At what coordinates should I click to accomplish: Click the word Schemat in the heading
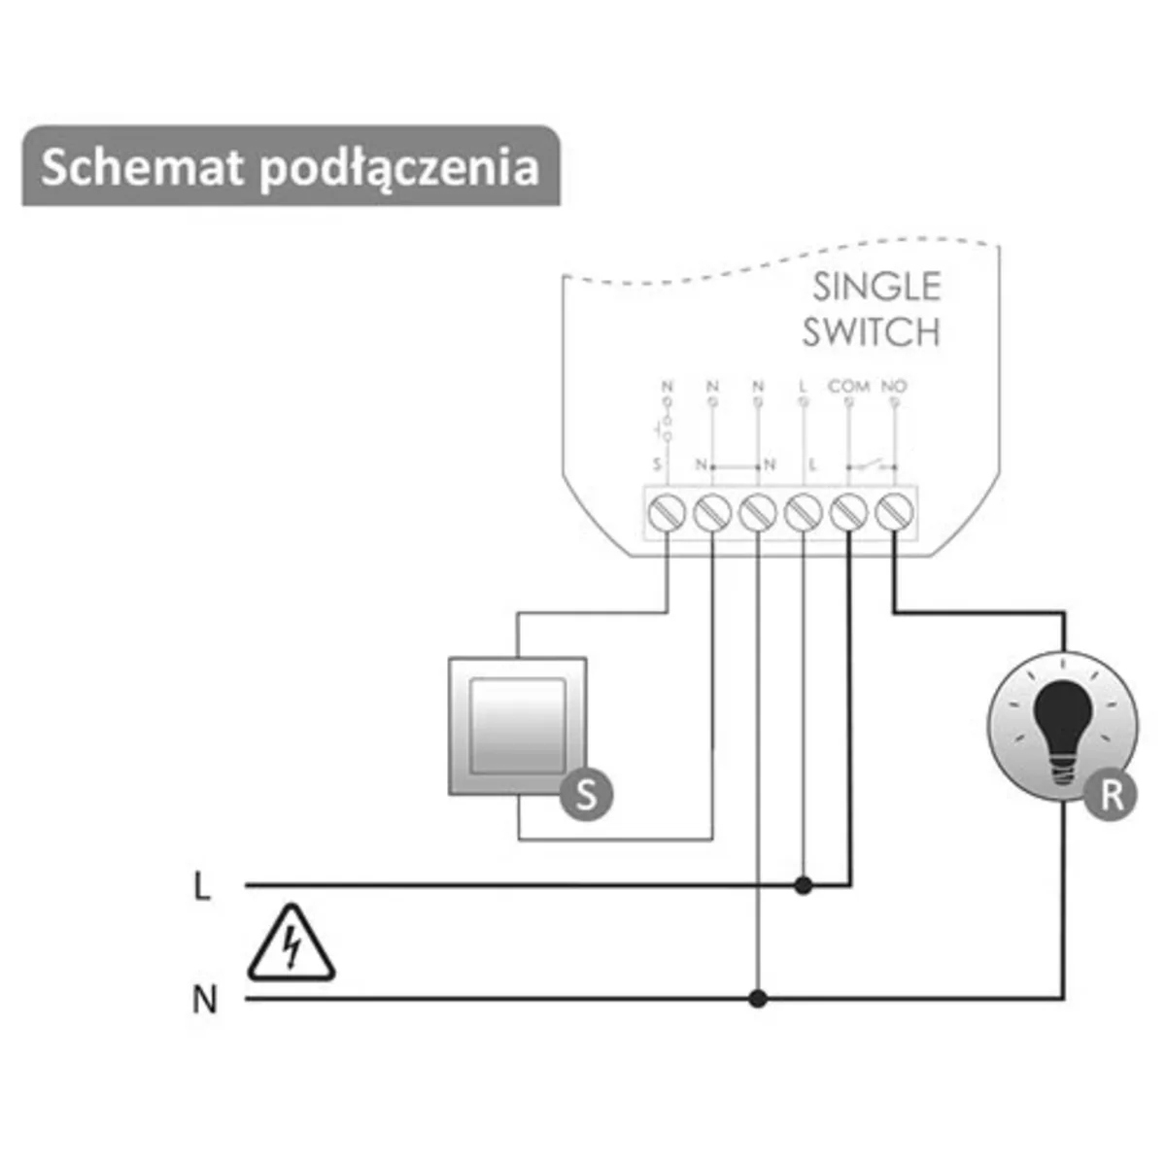tap(142, 167)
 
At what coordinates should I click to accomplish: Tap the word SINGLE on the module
tap(876, 287)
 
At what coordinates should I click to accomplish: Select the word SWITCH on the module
tap(872, 332)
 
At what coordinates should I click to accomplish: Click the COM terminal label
tap(848, 386)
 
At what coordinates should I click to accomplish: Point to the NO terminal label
tap(893, 386)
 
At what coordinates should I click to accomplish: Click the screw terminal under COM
tap(848, 511)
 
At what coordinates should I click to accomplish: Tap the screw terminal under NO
tap(894, 511)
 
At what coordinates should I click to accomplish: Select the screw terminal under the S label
tap(667, 511)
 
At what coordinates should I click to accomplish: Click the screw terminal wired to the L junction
tap(803, 511)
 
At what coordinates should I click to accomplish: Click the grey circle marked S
tap(586, 795)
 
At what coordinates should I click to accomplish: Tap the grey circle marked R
tap(1112, 795)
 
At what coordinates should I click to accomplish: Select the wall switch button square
tap(517, 725)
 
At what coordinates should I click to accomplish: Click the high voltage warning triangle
tap(291, 945)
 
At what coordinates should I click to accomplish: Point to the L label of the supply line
tap(202, 886)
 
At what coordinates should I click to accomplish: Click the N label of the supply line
tap(204, 999)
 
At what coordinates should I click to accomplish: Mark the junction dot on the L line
tap(803, 885)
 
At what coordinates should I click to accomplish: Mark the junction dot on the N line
tap(758, 998)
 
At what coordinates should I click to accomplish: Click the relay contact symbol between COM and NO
tap(872, 465)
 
